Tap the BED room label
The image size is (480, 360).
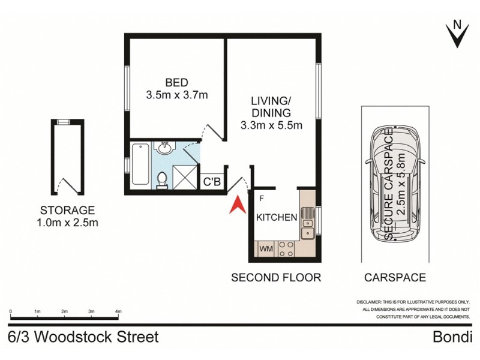tap(177, 83)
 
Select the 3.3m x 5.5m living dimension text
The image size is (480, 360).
tap(271, 125)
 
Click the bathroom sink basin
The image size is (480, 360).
tap(163, 148)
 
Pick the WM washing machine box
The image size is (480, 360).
tap(265, 248)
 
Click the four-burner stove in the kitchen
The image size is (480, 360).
tap(286, 248)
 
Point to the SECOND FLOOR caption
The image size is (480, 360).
tap(277, 278)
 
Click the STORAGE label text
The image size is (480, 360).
tap(68, 211)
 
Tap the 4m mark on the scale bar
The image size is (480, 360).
tap(118, 311)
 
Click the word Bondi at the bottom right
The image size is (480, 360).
tap(452, 337)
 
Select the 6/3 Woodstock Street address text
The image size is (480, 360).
tap(84, 337)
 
